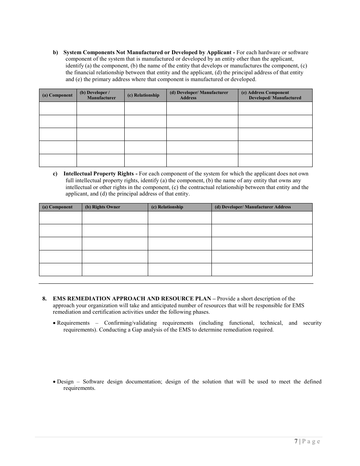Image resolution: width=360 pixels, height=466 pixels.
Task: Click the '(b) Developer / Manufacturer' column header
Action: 100,95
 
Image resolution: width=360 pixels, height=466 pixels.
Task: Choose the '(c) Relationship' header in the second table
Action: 167,207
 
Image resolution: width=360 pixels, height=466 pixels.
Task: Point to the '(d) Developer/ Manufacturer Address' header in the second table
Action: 253,207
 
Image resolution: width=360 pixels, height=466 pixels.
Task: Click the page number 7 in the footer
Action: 296,441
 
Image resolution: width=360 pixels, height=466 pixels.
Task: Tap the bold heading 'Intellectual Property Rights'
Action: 99,174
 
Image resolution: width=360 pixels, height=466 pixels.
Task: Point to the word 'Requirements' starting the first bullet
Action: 73,323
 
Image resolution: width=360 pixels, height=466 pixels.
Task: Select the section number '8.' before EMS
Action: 45,299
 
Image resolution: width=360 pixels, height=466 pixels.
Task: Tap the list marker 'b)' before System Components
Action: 55,52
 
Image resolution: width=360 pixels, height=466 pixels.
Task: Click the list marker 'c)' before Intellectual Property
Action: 55,174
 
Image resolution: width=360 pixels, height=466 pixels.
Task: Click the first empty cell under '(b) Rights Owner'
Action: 114,217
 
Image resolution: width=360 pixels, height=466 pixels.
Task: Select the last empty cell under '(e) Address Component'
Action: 275,160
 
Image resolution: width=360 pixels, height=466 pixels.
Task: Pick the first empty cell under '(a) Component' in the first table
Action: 58,108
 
